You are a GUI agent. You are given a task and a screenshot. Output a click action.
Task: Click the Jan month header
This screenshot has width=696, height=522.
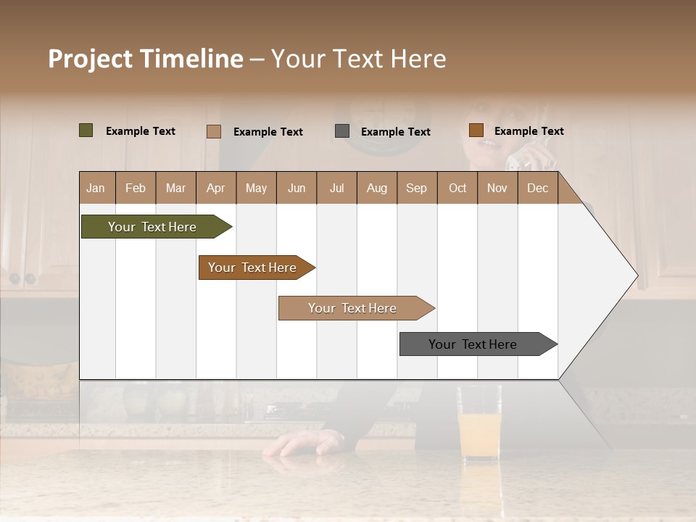pyautogui.click(x=96, y=188)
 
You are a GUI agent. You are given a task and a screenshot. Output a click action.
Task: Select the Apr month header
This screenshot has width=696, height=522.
pyautogui.click(x=215, y=188)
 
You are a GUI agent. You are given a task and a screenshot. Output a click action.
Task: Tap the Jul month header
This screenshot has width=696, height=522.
pyautogui.click(x=336, y=188)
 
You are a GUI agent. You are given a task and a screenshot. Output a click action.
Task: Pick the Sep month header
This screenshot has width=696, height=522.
pyautogui.click(x=416, y=188)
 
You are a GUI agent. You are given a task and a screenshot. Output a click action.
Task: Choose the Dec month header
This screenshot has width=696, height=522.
pyautogui.click(x=537, y=188)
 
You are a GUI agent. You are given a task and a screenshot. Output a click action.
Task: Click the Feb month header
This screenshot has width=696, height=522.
pyautogui.click(x=136, y=188)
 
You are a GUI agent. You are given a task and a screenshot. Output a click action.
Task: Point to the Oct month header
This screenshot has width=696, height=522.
pyautogui.click(x=457, y=188)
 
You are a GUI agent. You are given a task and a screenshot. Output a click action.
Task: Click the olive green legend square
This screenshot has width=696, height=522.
pyautogui.click(x=86, y=130)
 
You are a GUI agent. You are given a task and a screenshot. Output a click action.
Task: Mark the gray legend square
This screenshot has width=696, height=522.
pyautogui.click(x=342, y=131)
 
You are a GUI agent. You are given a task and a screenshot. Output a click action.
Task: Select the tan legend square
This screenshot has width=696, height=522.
pyautogui.click(x=214, y=131)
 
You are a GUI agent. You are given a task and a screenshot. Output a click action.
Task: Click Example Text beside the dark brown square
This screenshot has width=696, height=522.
pyautogui.click(x=529, y=131)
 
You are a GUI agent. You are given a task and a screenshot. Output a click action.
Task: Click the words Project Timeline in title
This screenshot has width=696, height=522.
pyautogui.click(x=146, y=59)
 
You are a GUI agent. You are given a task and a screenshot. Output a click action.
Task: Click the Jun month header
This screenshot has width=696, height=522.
pyautogui.click(x=297, y=188)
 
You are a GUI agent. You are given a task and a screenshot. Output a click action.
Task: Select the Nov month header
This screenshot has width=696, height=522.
pyautogui.click(x=497, y=188)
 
